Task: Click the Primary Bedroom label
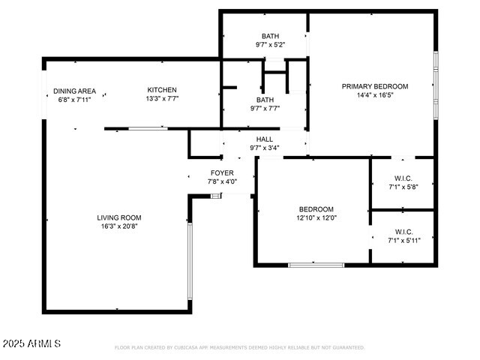[x=375, y=86]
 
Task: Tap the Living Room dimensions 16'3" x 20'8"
[x=120, y=226]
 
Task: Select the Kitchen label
[x=162, y=90]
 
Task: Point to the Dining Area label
[x=74, y=91]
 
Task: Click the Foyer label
[x=221, y=173]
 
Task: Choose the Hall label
[x=265, y=139]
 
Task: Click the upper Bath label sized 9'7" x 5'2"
[x=270, y=36]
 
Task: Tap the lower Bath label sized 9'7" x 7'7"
[x=265, y=100]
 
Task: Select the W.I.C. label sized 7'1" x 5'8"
[x=403, y=178]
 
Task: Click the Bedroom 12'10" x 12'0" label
[x=316, y=209]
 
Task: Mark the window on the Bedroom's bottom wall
[x=316, y=264]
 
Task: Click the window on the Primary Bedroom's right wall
[x=435, y=85]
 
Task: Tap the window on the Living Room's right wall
[x=189, y=251]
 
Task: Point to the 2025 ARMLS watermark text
[x=31, y=343]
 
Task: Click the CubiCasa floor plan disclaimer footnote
[x=239, y=348]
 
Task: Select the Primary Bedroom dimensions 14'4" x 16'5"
[x=375, y=95]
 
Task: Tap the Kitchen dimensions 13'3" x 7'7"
[x=162, y=98]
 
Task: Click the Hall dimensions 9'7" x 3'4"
[x=265, y=148]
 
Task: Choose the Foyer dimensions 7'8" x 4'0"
[x=221, y=181]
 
